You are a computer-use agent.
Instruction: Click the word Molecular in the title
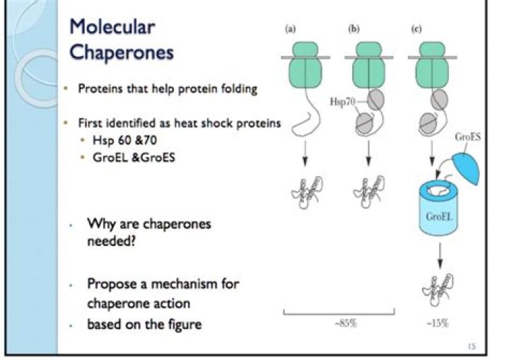coord(112,28)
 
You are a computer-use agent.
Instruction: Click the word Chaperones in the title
coord(121,52)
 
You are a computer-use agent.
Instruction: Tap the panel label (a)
coord(290,30)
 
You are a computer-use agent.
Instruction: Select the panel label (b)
coord(355,30)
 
